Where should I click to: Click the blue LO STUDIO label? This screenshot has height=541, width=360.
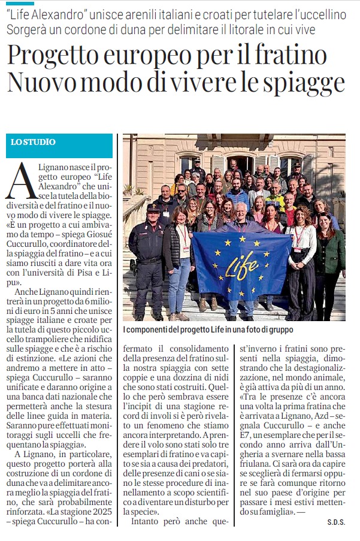34,143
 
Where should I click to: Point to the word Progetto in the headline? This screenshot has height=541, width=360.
51,57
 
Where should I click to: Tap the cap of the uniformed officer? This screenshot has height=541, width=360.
153,208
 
